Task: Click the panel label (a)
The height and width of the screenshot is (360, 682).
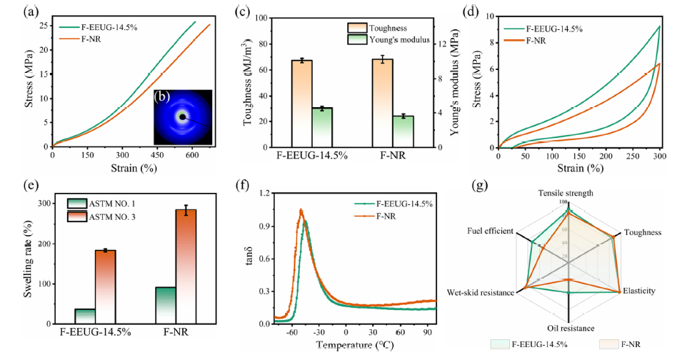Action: click(13, 11)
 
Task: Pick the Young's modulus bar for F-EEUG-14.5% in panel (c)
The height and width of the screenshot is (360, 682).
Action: click(323, 128)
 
